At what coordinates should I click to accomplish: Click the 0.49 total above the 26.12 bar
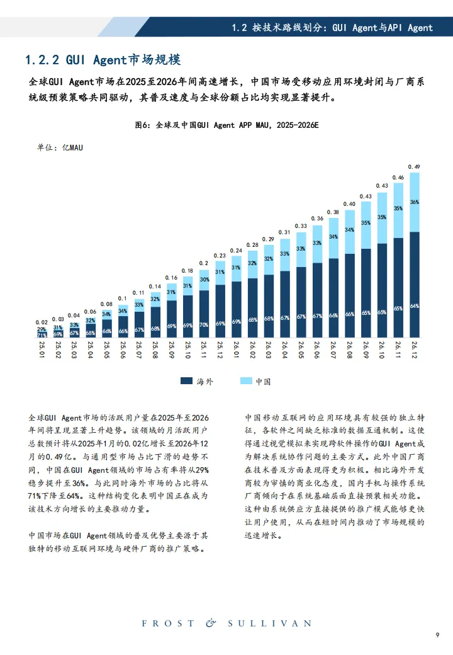tap(414, 167)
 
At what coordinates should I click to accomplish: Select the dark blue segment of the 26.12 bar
tap(414, 283)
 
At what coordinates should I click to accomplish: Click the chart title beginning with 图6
tap(226, 125)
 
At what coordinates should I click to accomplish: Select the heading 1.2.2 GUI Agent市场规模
tap(103, 60)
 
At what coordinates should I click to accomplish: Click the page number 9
tap(437, 634)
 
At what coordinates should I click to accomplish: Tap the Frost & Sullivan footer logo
tap(226, 624)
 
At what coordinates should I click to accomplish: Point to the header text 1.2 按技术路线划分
tap(332, 28)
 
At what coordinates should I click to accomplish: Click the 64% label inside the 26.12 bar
tap(414, 306)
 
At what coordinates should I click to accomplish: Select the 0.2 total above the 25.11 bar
tap(204, 263)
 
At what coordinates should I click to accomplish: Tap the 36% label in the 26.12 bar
tap(414, 202)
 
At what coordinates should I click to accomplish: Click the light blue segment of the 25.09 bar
tap(171, 291)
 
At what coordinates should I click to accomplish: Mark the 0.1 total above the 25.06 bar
tap(123, 299)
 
